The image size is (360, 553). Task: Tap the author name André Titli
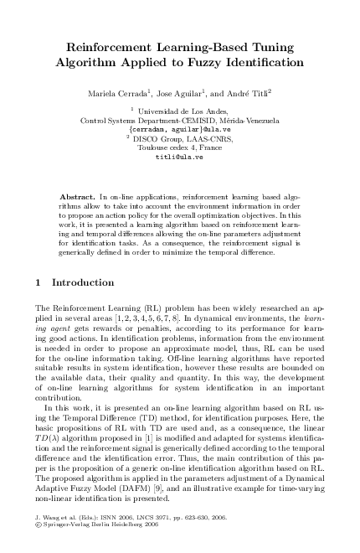pyautogui.click(x=254, y=90)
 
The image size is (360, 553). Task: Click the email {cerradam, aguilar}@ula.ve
pyautogui.click(x=179, y=130)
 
